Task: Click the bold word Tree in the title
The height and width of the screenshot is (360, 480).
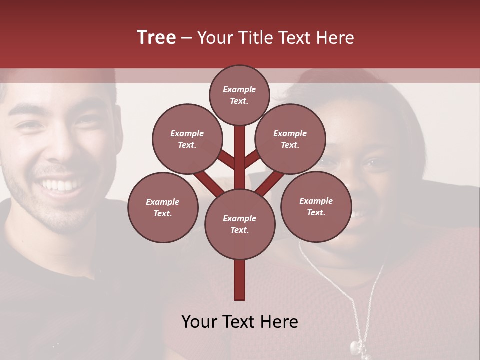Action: (156, 38)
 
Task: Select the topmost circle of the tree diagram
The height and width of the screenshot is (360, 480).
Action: (239, 95)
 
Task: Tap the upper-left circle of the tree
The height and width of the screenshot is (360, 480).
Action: (187, 139)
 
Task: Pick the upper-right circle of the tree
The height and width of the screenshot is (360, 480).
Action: (290, 139)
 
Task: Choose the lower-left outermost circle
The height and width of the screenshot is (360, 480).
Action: (163, 207)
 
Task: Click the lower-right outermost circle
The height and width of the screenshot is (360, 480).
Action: (316, 206)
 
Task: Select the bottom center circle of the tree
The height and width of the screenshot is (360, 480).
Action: (240, 224)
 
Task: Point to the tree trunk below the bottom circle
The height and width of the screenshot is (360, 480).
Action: (240, 280)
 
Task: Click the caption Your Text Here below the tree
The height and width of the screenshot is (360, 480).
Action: (240, 322)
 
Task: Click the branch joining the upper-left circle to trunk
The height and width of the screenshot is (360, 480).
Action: (226, 159)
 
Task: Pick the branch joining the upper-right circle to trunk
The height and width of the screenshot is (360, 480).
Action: (252, 159)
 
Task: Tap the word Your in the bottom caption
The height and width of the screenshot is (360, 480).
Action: (199, 322)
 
